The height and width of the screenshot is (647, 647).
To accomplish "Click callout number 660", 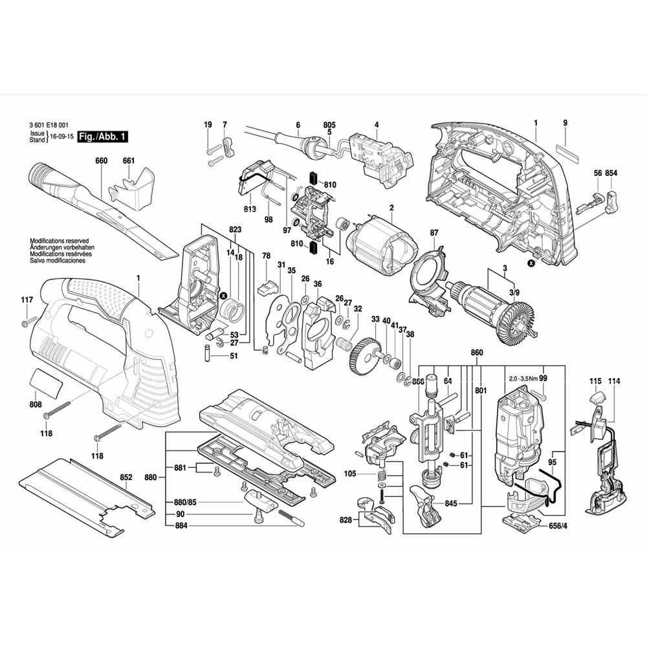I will [x=101, y=160].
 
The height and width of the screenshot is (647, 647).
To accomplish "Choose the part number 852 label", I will [x=126, y=477].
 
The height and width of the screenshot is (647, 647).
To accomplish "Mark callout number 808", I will [x=36, y=405].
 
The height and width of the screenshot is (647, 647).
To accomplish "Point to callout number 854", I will [x=612, y=173].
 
